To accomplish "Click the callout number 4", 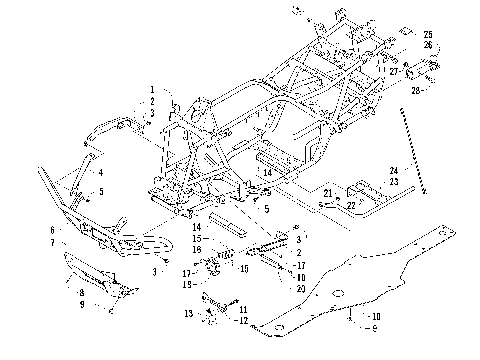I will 100,172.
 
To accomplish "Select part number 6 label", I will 52,230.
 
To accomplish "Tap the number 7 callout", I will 52,242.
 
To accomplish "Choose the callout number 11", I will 242,310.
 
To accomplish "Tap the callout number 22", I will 351,204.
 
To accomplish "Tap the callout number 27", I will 394,71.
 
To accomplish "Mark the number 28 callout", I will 416,89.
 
